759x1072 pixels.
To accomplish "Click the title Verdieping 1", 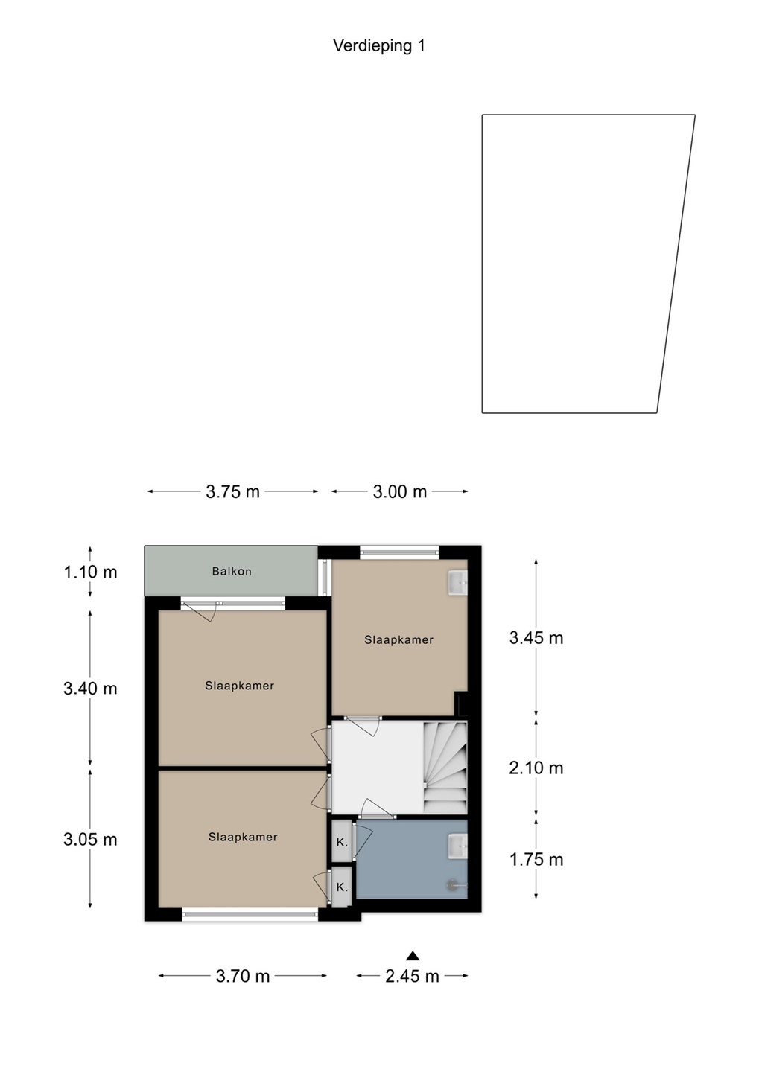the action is click(x=379, y=46).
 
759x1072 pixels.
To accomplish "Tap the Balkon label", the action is click(x=232, y=571).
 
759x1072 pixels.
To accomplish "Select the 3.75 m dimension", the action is click(x=232, y=491).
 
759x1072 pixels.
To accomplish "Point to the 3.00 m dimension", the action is click(x=400, y=491).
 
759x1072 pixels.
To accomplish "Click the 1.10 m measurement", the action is click(x=91, y=572).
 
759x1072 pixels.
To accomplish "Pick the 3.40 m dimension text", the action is click(x=91, y=689).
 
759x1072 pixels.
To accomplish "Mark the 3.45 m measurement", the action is click(x=536, y=638).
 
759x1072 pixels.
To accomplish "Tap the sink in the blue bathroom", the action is click(x=457, y=846).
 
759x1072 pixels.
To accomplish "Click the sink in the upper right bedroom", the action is click(x=457, y=582).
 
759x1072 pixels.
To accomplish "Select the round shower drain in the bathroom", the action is click(x=451, y=886).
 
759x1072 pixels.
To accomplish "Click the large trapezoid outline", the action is click(x=482, y=264).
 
